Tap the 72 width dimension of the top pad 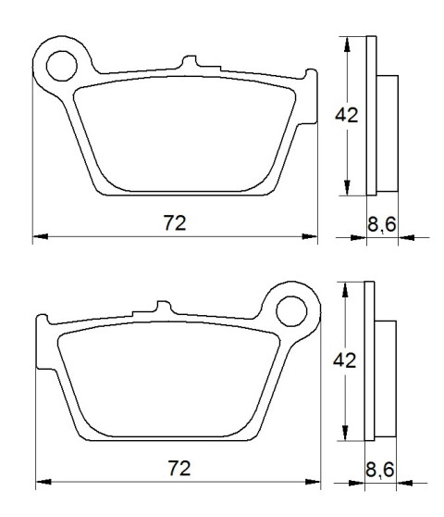click(x=175, y=223)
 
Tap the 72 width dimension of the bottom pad click(x=179, y=468)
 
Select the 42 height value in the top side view click(x=347, y=116)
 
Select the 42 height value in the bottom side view click(x=345, y=360)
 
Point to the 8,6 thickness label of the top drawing click(x=382, y=225)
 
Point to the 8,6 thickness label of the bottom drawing click(x=380, y=470)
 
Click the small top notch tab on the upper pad click(x=190, y=61)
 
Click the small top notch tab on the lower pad click(x=164, y=307)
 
